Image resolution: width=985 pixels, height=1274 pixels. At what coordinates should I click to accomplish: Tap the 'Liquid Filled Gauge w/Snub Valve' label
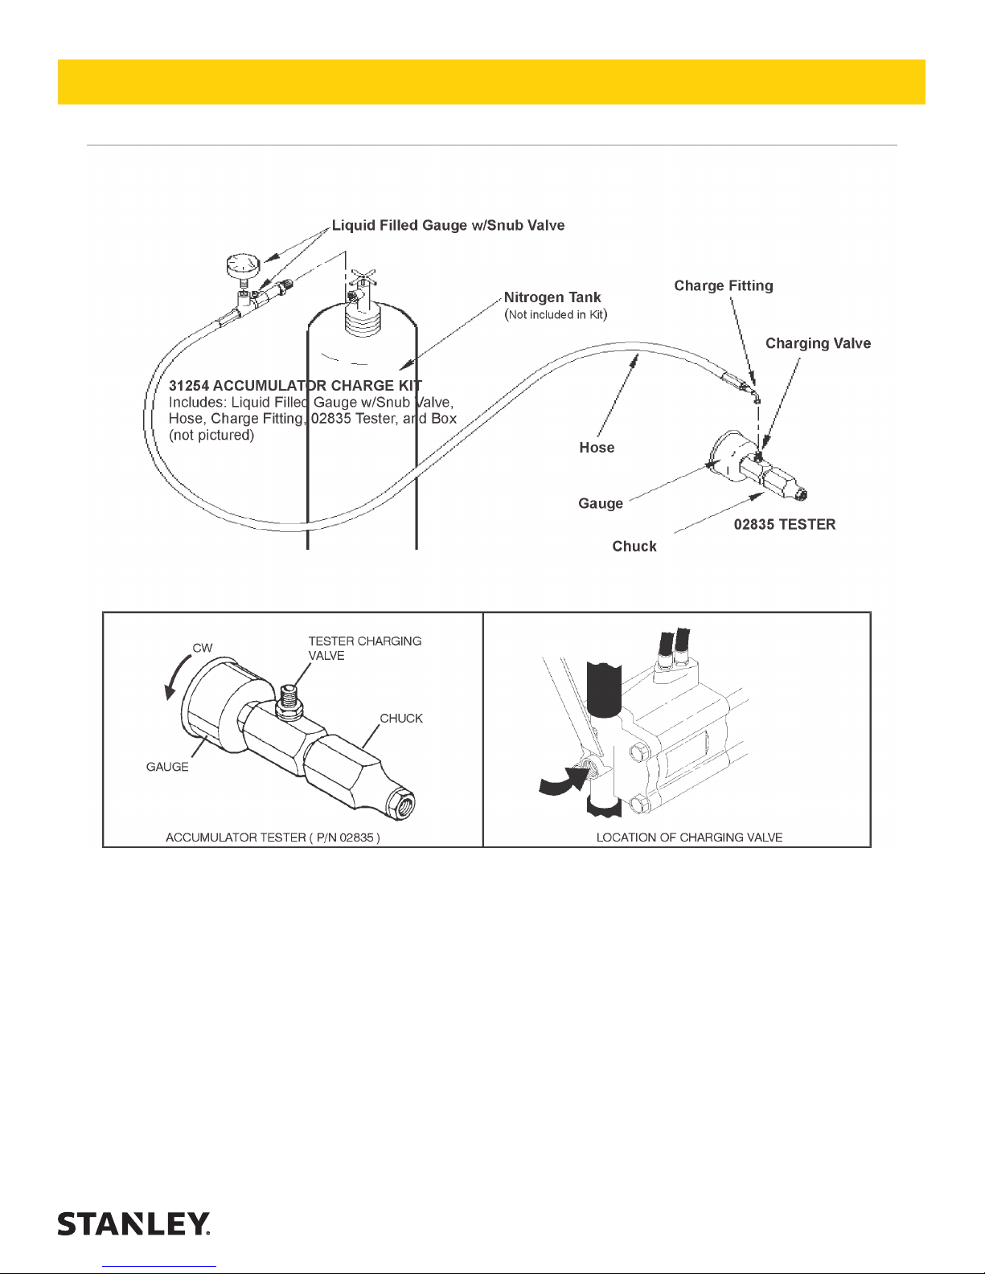pos(448,226)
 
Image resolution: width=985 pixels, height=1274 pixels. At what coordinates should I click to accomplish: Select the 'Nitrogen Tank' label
pos(552,297)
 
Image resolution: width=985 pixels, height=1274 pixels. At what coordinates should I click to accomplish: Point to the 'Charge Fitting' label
pos(724,286)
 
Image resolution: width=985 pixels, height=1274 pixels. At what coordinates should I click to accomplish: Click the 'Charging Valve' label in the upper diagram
pos(818,344)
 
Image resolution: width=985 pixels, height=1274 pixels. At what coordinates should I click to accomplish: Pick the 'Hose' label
pos(597,448)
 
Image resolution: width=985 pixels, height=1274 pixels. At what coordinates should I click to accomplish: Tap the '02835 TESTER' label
pos(785,525)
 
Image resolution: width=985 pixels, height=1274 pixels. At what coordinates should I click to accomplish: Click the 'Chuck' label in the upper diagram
pos(634,547)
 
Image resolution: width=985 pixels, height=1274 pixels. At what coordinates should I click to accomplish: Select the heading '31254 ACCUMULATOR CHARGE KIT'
pos(295,386)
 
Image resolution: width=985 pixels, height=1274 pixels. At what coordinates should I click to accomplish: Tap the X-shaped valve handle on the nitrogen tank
pos(363,281)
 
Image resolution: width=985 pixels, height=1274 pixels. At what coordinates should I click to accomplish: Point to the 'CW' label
pos(203,648)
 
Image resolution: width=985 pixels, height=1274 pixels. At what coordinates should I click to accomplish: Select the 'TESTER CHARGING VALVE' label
pos(364,649)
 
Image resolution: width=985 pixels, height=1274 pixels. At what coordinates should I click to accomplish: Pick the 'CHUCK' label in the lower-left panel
pos(401,719)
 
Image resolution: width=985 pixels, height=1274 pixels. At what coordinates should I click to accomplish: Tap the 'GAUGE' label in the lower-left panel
pos(167,767)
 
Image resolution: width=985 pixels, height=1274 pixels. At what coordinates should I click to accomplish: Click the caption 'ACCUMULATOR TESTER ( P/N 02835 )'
pos(273,838)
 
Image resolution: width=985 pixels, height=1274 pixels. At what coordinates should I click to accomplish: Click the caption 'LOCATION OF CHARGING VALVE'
pos(689,838)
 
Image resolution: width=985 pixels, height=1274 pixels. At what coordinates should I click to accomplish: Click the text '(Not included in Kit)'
pos(556,315)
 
